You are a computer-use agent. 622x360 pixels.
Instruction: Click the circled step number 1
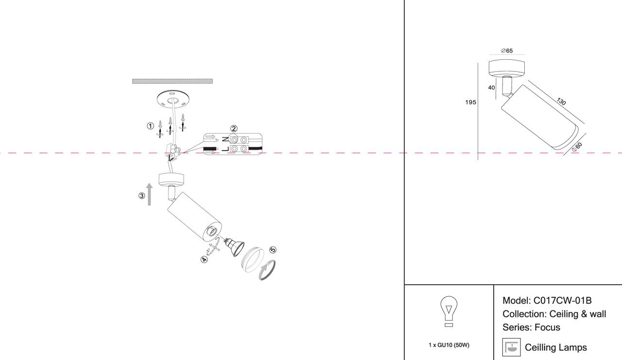(150, 126)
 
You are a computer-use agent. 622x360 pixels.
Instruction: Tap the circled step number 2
(234, 129)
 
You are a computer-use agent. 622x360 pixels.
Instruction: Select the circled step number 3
(141, 196)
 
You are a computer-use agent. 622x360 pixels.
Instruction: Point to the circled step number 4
(204, 259)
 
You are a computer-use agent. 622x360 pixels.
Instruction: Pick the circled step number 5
(273, 250)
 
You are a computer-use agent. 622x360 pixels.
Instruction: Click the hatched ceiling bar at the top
(173, 81)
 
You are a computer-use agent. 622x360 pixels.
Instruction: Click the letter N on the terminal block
(225, 139)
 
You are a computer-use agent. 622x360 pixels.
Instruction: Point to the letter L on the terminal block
(225, 148)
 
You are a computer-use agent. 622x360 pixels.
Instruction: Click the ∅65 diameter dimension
(507, 51)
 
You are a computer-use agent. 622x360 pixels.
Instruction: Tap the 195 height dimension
(470, 103)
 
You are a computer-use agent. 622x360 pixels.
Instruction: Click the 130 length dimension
(561, 102)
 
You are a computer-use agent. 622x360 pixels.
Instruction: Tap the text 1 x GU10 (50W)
(449, 345)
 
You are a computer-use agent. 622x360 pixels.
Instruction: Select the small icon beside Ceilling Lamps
(511, 347)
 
